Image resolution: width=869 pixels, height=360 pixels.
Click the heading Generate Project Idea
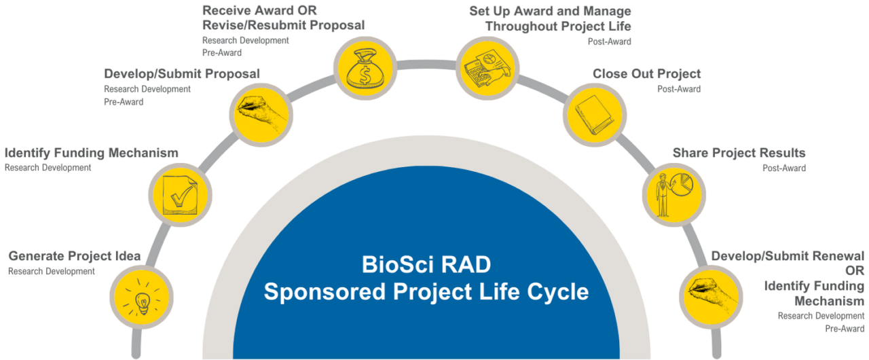tap(75, 257)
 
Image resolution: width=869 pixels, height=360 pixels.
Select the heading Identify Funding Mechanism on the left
tap(92, 153)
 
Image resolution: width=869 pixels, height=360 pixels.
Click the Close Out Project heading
tap(646, 73)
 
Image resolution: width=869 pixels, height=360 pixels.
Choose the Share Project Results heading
tap(738, 152)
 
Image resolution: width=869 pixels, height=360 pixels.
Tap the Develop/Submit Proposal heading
tap(182, 73)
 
